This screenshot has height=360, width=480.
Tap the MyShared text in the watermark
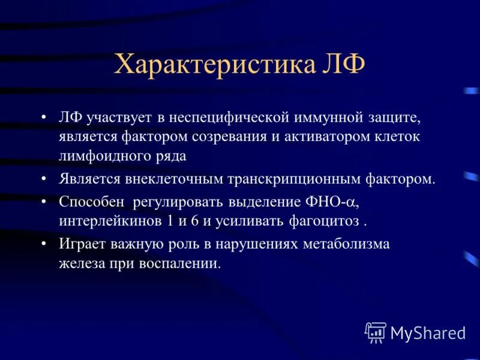[428, 332]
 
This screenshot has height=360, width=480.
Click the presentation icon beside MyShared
[376, 332]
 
